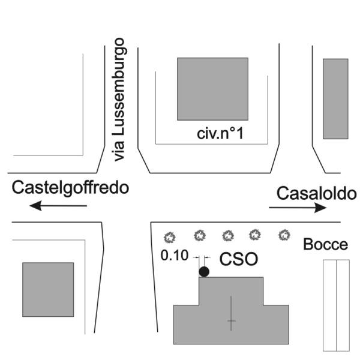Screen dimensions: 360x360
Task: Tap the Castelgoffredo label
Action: tap(71, 187)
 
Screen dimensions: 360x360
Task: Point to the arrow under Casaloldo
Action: tap(298, 208)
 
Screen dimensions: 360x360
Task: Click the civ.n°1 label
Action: tap(220, 133)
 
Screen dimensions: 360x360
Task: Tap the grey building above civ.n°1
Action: tap(212, 89)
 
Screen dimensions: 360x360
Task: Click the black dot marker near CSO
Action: tap(204, 272)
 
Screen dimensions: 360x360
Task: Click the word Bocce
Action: tap(325, 245)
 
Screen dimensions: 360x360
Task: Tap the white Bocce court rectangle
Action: tap(335, 305)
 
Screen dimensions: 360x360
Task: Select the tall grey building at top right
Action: tap(335, 99)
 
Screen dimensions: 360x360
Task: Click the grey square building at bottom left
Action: tap(48, 289)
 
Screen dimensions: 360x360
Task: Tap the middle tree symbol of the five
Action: tap(227, 235)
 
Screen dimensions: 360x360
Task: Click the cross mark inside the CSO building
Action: tap(231, 322)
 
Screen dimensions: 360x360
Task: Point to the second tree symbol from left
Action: tap(199, 235)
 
